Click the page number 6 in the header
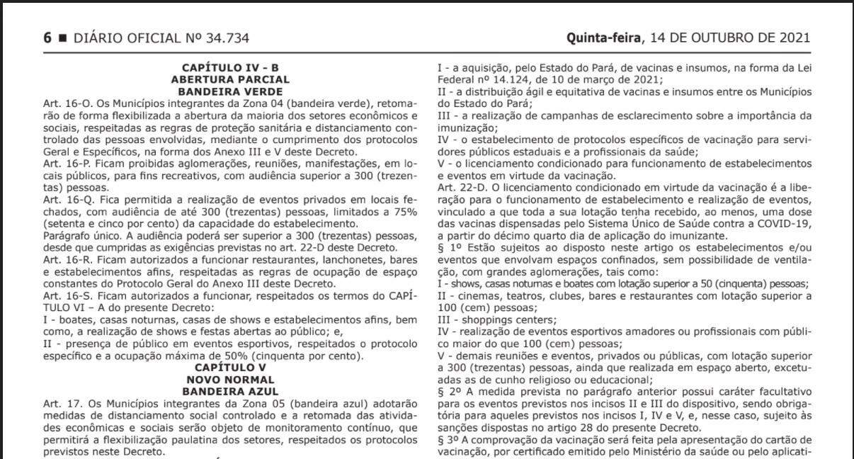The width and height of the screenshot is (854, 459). [48, 38]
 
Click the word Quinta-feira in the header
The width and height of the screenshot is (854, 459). [601, 38]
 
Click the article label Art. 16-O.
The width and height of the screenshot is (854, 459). [62, 104]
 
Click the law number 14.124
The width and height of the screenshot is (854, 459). [505, 80]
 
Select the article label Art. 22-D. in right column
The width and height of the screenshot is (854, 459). [462, 188]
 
